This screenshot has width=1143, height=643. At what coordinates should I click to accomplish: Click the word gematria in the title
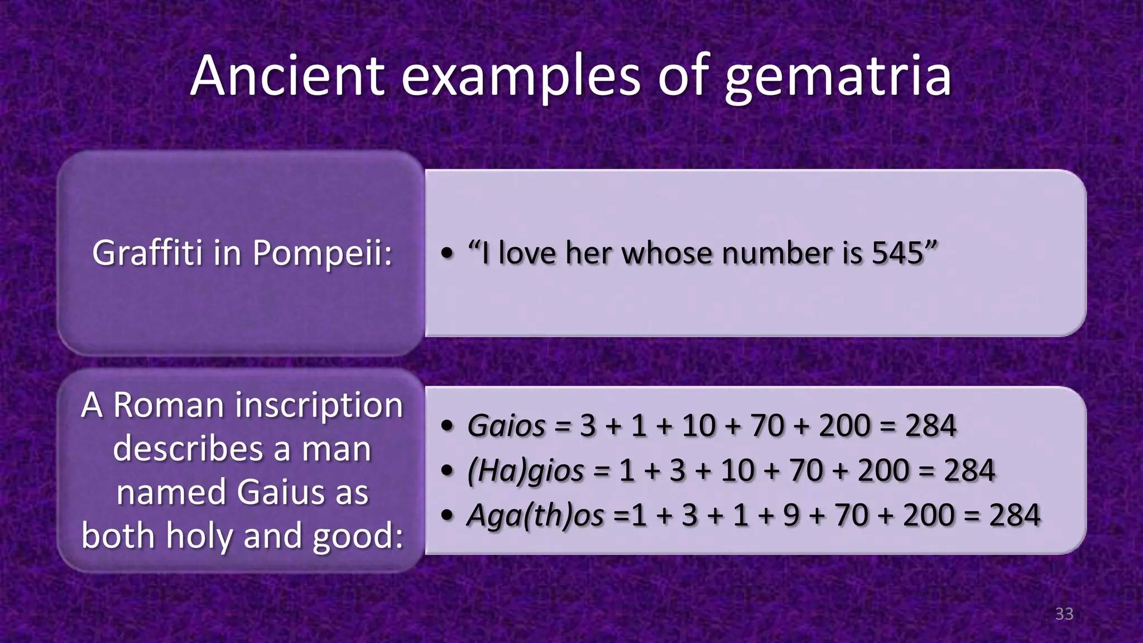tap(837, 77)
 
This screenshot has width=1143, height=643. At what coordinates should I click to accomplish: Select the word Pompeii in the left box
tap(322, 253)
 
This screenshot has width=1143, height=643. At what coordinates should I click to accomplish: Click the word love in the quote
tap(527, 253)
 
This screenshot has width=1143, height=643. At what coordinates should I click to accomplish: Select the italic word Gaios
tap(506, 426)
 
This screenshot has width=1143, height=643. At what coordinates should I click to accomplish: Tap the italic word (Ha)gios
tap(525, 471)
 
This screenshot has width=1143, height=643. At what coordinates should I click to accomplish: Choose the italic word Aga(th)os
tap(535, 515)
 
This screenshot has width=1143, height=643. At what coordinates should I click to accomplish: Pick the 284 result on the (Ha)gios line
tap(969, 471)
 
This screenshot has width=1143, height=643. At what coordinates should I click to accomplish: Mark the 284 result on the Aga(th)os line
tap(1015, 515)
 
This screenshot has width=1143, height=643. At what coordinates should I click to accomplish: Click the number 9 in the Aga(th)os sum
tap(791, 515)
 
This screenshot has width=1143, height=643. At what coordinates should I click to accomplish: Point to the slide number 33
tap(1064, 614)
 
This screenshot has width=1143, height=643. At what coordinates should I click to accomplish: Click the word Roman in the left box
tap(169, 405)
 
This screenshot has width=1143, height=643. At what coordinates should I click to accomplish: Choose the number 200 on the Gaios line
tap(844, 426)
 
